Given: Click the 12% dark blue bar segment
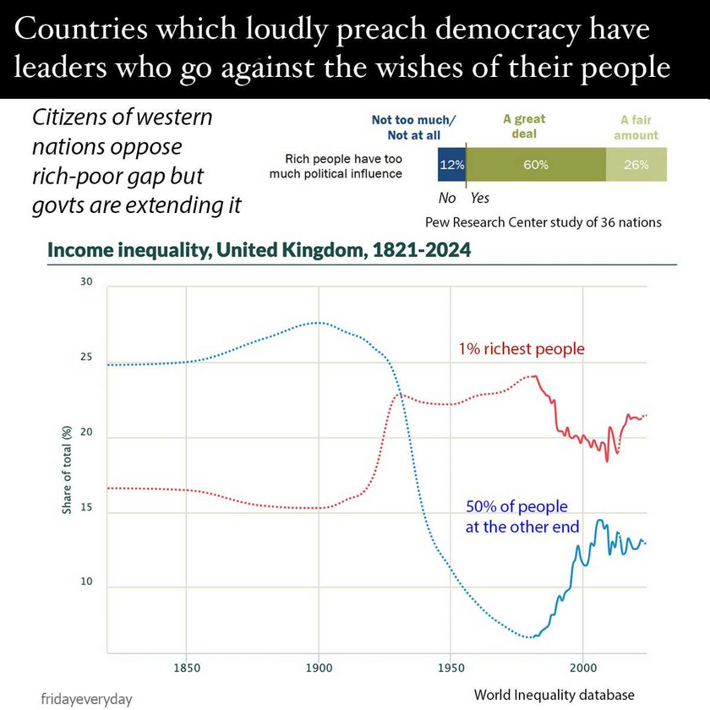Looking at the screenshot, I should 451,165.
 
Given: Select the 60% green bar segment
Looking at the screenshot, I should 536,165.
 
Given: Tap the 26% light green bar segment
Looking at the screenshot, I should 636,165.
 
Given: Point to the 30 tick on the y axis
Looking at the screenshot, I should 85,281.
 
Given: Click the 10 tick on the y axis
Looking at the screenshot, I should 85,583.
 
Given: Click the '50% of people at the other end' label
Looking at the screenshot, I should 522,516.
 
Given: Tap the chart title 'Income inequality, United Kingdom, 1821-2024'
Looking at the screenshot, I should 259,251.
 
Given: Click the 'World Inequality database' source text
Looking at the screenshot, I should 554,695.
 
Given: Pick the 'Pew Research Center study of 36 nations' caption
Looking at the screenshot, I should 543,223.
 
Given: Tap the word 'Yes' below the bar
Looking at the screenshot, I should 479,199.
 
